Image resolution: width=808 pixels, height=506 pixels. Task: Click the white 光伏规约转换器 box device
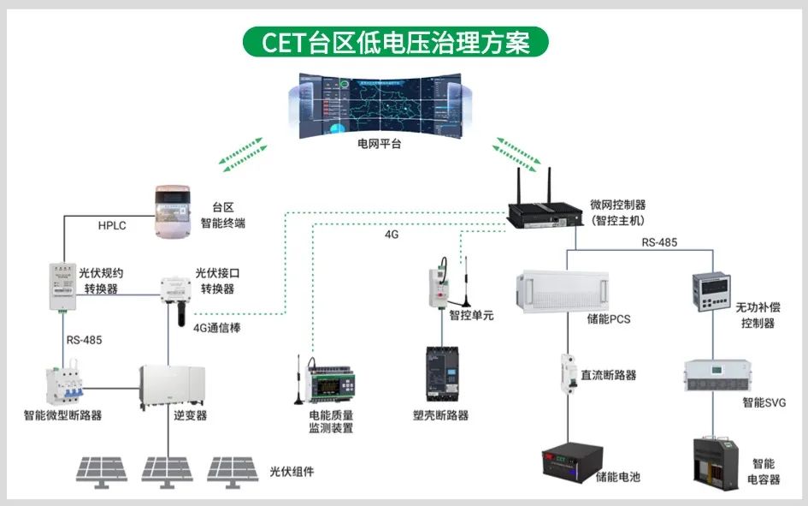point(62,285)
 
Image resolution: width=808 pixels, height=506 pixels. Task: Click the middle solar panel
point(168,469)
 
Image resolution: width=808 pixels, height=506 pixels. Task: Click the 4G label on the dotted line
point(392,232)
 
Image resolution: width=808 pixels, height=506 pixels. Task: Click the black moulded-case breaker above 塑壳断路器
point(443,373)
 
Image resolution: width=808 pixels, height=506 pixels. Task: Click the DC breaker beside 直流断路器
point(567,373)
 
